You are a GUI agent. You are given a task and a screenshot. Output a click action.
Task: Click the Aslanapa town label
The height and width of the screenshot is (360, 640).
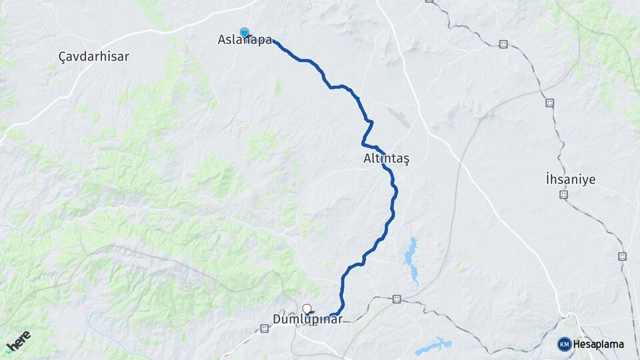[245, 40]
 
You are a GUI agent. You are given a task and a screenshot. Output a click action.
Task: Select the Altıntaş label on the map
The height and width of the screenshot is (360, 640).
[387, 159]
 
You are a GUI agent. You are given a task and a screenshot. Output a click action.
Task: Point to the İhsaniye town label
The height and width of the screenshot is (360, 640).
[570, 179]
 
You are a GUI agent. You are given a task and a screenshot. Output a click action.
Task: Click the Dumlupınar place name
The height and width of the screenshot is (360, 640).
[307, 319]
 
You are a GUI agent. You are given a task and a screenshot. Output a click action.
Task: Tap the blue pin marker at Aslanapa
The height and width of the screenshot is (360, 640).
[245, 32]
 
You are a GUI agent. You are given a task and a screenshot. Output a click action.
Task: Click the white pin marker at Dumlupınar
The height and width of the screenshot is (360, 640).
[307, 309]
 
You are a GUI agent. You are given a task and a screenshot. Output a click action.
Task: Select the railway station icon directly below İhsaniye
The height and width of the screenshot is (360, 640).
[563, 195]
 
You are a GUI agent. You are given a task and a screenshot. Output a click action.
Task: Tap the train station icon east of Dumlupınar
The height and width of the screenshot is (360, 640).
[397, 299]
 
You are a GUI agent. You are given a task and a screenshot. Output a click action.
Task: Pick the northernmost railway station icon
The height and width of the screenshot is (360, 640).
[503, 45]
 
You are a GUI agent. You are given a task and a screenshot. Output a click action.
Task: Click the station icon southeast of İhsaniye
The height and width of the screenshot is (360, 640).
[622, 256]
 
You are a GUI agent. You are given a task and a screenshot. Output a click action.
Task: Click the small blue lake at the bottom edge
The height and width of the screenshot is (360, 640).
[433, 346]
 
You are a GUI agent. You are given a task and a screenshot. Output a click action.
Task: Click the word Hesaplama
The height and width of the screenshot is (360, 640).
[598, 345]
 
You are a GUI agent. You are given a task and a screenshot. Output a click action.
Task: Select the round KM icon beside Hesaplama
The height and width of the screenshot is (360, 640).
[564, 345]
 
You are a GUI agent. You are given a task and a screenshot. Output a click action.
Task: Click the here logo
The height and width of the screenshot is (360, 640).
[18, 342]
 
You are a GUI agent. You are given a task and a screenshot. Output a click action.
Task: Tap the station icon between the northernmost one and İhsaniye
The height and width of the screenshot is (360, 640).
[549, 103]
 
